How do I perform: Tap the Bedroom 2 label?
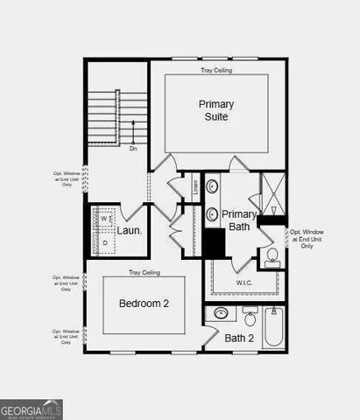pyautogui.click(x=143, y=304)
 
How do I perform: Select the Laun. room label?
pyautogui.click(x=131, y=231)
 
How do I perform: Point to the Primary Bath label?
pyautogui.click(x=238, y=220)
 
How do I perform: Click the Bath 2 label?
pyautogui.click(x=238, y=338)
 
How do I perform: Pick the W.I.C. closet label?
pyautogui.click(x=244, y=283)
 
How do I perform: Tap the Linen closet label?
pyautogui.click(x=195, y=186)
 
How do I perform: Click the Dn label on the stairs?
pyautogui.click(x=133, y=148)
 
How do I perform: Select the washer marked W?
pyautogui.click(x=103, y=219)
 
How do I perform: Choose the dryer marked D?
pyautogui.click(x=104, y=241)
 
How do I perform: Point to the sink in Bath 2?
pyautogui.click(x=222, y=312)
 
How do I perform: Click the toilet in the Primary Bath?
pyautogui.click(x=272, y=256)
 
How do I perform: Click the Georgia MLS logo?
pyautogui.click(x=32, y=409)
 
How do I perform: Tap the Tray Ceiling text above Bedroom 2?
pyautogui.click(x=143, y=271)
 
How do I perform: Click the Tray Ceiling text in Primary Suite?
pyautogui.click(x=215, y=69)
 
